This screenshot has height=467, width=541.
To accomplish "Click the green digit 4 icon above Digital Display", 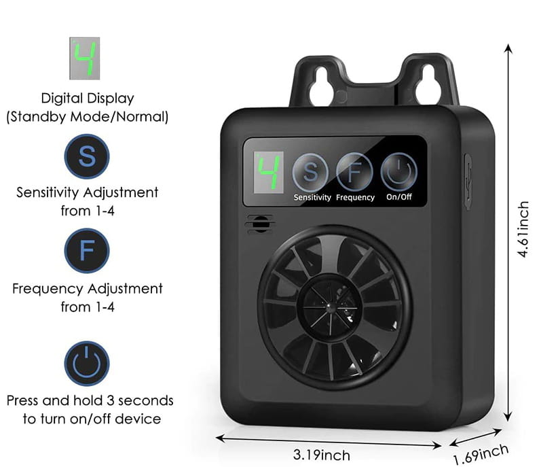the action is (85, 58).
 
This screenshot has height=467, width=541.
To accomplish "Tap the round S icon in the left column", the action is (87, 156).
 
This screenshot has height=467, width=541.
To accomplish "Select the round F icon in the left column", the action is (87, 250).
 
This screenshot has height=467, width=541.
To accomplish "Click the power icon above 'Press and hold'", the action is (87, 364).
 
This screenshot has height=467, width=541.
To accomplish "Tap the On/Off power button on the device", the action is (399, 172).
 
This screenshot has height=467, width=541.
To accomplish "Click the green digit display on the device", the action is (269, 172).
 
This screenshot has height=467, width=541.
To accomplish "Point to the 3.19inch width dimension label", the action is (322, 455).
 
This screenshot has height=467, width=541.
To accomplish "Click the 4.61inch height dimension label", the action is (523, 229).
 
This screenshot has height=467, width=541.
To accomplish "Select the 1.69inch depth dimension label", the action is (481, 455).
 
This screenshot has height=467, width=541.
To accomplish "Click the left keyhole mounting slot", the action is (321, 86).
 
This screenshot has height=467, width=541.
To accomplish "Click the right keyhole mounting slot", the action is (428, 84).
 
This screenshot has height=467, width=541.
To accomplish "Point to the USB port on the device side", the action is (468, 181).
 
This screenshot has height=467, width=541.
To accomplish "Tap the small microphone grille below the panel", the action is (260, 224).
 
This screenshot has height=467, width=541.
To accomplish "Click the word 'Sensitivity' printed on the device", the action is (312, 197).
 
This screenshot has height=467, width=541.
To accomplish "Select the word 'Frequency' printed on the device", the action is (356, 197).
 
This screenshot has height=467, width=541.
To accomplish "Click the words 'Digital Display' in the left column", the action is (88, 99).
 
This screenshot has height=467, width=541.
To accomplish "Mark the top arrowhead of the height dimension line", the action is (508, 48).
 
